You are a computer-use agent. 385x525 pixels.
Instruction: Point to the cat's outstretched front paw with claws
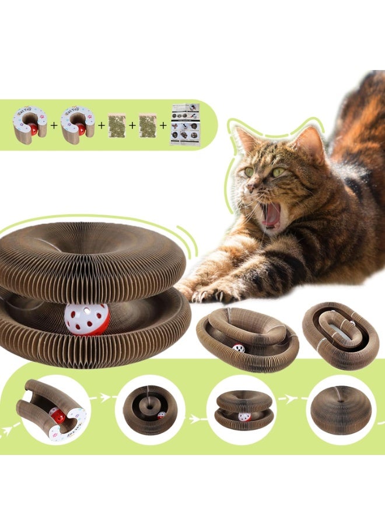204,292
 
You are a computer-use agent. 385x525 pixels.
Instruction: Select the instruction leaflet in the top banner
184,124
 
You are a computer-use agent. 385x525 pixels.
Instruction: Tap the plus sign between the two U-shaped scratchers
54,125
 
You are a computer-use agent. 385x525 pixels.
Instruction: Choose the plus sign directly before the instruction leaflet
164,125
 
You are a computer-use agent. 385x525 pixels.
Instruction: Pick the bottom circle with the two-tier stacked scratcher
240,410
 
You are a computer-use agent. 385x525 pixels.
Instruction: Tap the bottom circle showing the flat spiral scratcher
149,410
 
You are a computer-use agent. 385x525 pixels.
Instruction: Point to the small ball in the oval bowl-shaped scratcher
239,348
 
